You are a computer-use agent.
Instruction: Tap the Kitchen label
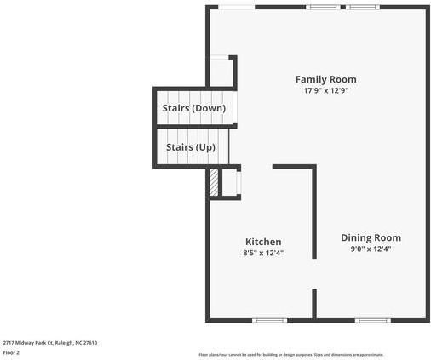(263, 242)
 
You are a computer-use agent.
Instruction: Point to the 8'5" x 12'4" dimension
(263, 253)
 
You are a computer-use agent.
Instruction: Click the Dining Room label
(371, 237)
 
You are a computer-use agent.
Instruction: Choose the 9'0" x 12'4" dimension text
(371, 249)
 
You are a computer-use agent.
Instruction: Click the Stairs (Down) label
(193, 108)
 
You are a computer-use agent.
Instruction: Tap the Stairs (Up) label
(190, 147)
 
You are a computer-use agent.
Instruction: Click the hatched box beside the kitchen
(215, 182)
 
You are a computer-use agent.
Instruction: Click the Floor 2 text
(11, 352)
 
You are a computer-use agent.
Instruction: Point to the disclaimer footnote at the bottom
(290, 354)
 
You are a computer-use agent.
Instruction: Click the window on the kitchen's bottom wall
(267, 320)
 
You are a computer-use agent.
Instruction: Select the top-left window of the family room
(236, 7)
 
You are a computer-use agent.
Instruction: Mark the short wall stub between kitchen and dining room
(314, 303)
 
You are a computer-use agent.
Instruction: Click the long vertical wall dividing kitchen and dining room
(314, 213)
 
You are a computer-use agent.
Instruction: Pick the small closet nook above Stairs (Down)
(221, 71)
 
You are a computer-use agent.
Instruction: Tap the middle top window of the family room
(323, 7)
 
